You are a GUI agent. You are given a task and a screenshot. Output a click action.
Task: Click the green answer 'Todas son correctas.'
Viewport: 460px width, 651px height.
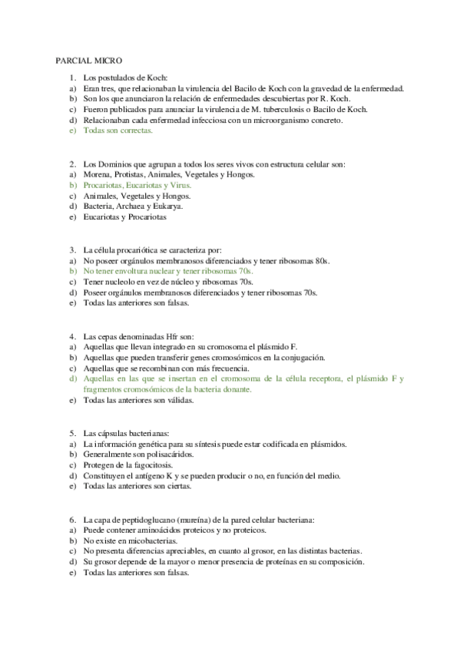click(117, 131)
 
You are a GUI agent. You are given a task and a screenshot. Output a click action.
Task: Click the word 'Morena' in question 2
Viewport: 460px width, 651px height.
click(97, 174)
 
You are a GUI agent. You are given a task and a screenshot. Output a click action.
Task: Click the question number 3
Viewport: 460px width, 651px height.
click(71, 249)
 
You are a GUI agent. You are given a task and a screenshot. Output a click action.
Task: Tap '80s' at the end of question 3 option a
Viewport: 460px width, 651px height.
click(322, 260)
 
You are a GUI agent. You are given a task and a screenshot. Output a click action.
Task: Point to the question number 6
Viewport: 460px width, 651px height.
click(71, 519)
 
